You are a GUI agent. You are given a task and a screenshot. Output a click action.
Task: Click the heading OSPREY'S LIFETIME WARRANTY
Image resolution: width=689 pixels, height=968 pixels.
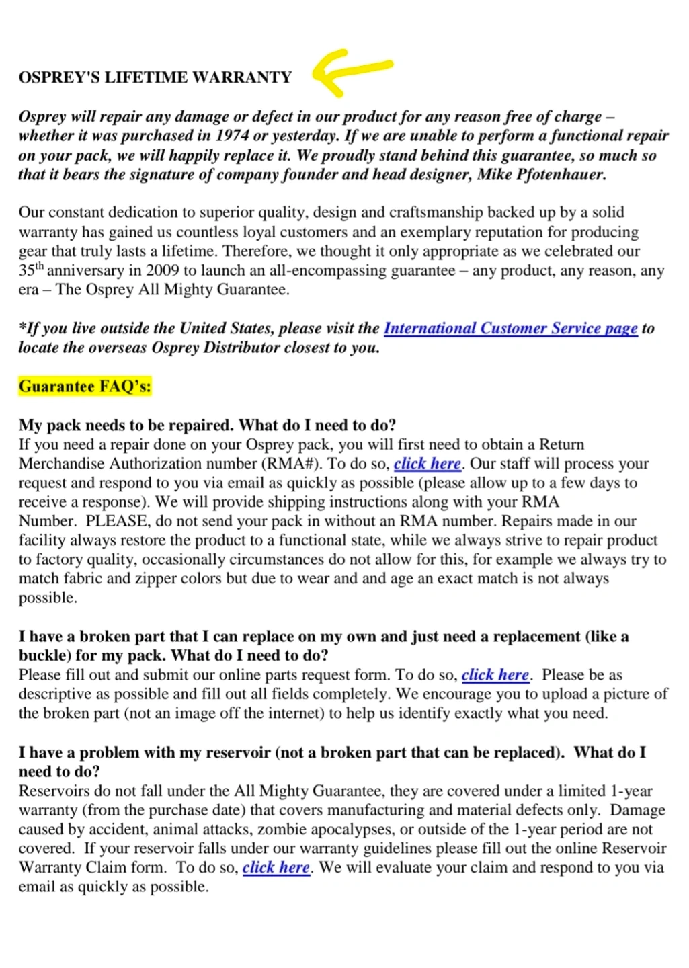155,77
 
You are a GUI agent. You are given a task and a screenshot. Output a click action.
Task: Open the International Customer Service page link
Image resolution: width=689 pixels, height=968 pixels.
510,328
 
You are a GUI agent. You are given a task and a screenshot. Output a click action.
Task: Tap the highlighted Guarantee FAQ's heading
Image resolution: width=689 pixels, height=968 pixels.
85,387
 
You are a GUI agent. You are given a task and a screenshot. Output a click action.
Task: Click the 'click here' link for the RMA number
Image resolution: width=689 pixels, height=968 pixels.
427,464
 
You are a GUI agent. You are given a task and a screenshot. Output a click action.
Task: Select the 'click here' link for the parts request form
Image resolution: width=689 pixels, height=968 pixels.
495,675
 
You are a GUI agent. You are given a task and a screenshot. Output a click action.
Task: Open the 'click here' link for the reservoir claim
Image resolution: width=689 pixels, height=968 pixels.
276,867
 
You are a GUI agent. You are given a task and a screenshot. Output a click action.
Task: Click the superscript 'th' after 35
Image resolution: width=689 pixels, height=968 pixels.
39,266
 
